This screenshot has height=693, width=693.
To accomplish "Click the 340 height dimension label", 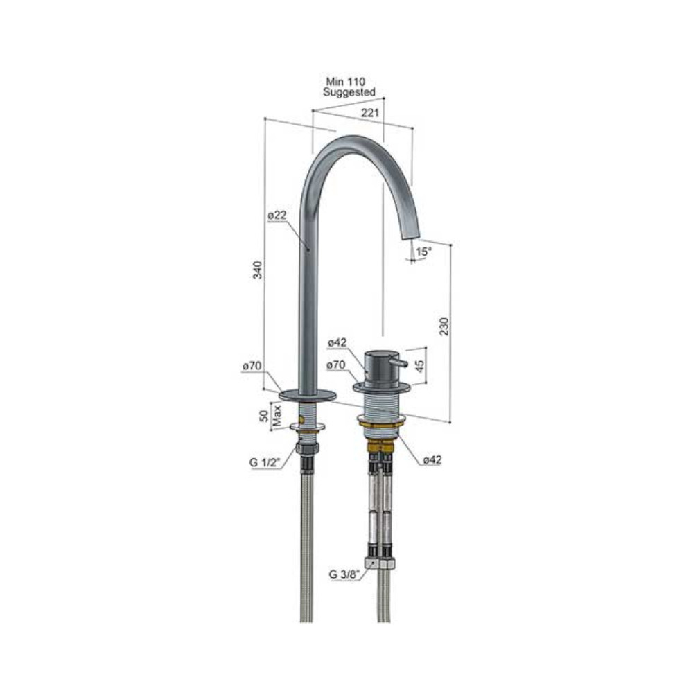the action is (257, 270).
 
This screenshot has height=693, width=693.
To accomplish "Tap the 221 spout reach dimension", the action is (370, 113).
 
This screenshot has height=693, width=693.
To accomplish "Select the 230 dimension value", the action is (444, 326).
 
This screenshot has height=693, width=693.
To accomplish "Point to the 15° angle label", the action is (423, 252).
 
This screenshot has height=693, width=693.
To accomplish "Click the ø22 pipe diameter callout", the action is (277, 216).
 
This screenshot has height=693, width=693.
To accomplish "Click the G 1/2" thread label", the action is (265, 463).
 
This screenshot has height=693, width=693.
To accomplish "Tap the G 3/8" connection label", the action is (344, 574).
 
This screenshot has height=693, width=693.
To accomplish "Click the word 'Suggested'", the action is (349, 92).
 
